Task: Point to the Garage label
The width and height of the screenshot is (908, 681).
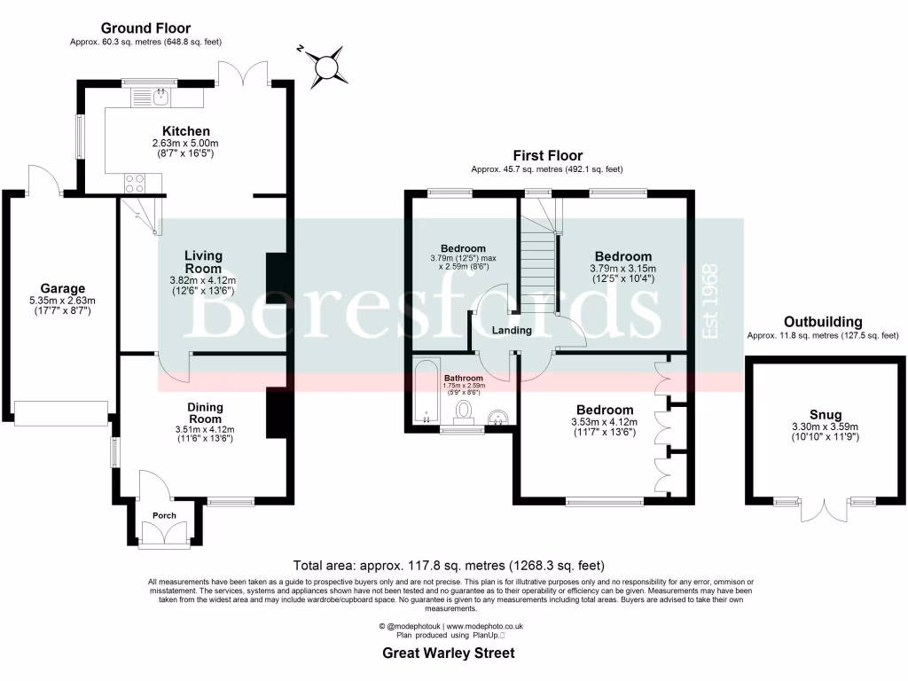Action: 62,288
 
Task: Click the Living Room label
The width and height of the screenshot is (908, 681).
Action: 203,262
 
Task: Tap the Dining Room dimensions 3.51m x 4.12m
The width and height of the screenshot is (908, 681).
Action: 204,430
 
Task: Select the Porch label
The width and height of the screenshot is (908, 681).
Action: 164,515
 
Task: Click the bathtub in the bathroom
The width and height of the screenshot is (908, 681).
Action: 427,393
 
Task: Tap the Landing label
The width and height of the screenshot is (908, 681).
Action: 512,330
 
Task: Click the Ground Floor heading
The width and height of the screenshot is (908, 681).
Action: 145,28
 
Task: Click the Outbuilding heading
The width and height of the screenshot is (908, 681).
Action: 822,322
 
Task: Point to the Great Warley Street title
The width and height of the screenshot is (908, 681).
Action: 448,654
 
